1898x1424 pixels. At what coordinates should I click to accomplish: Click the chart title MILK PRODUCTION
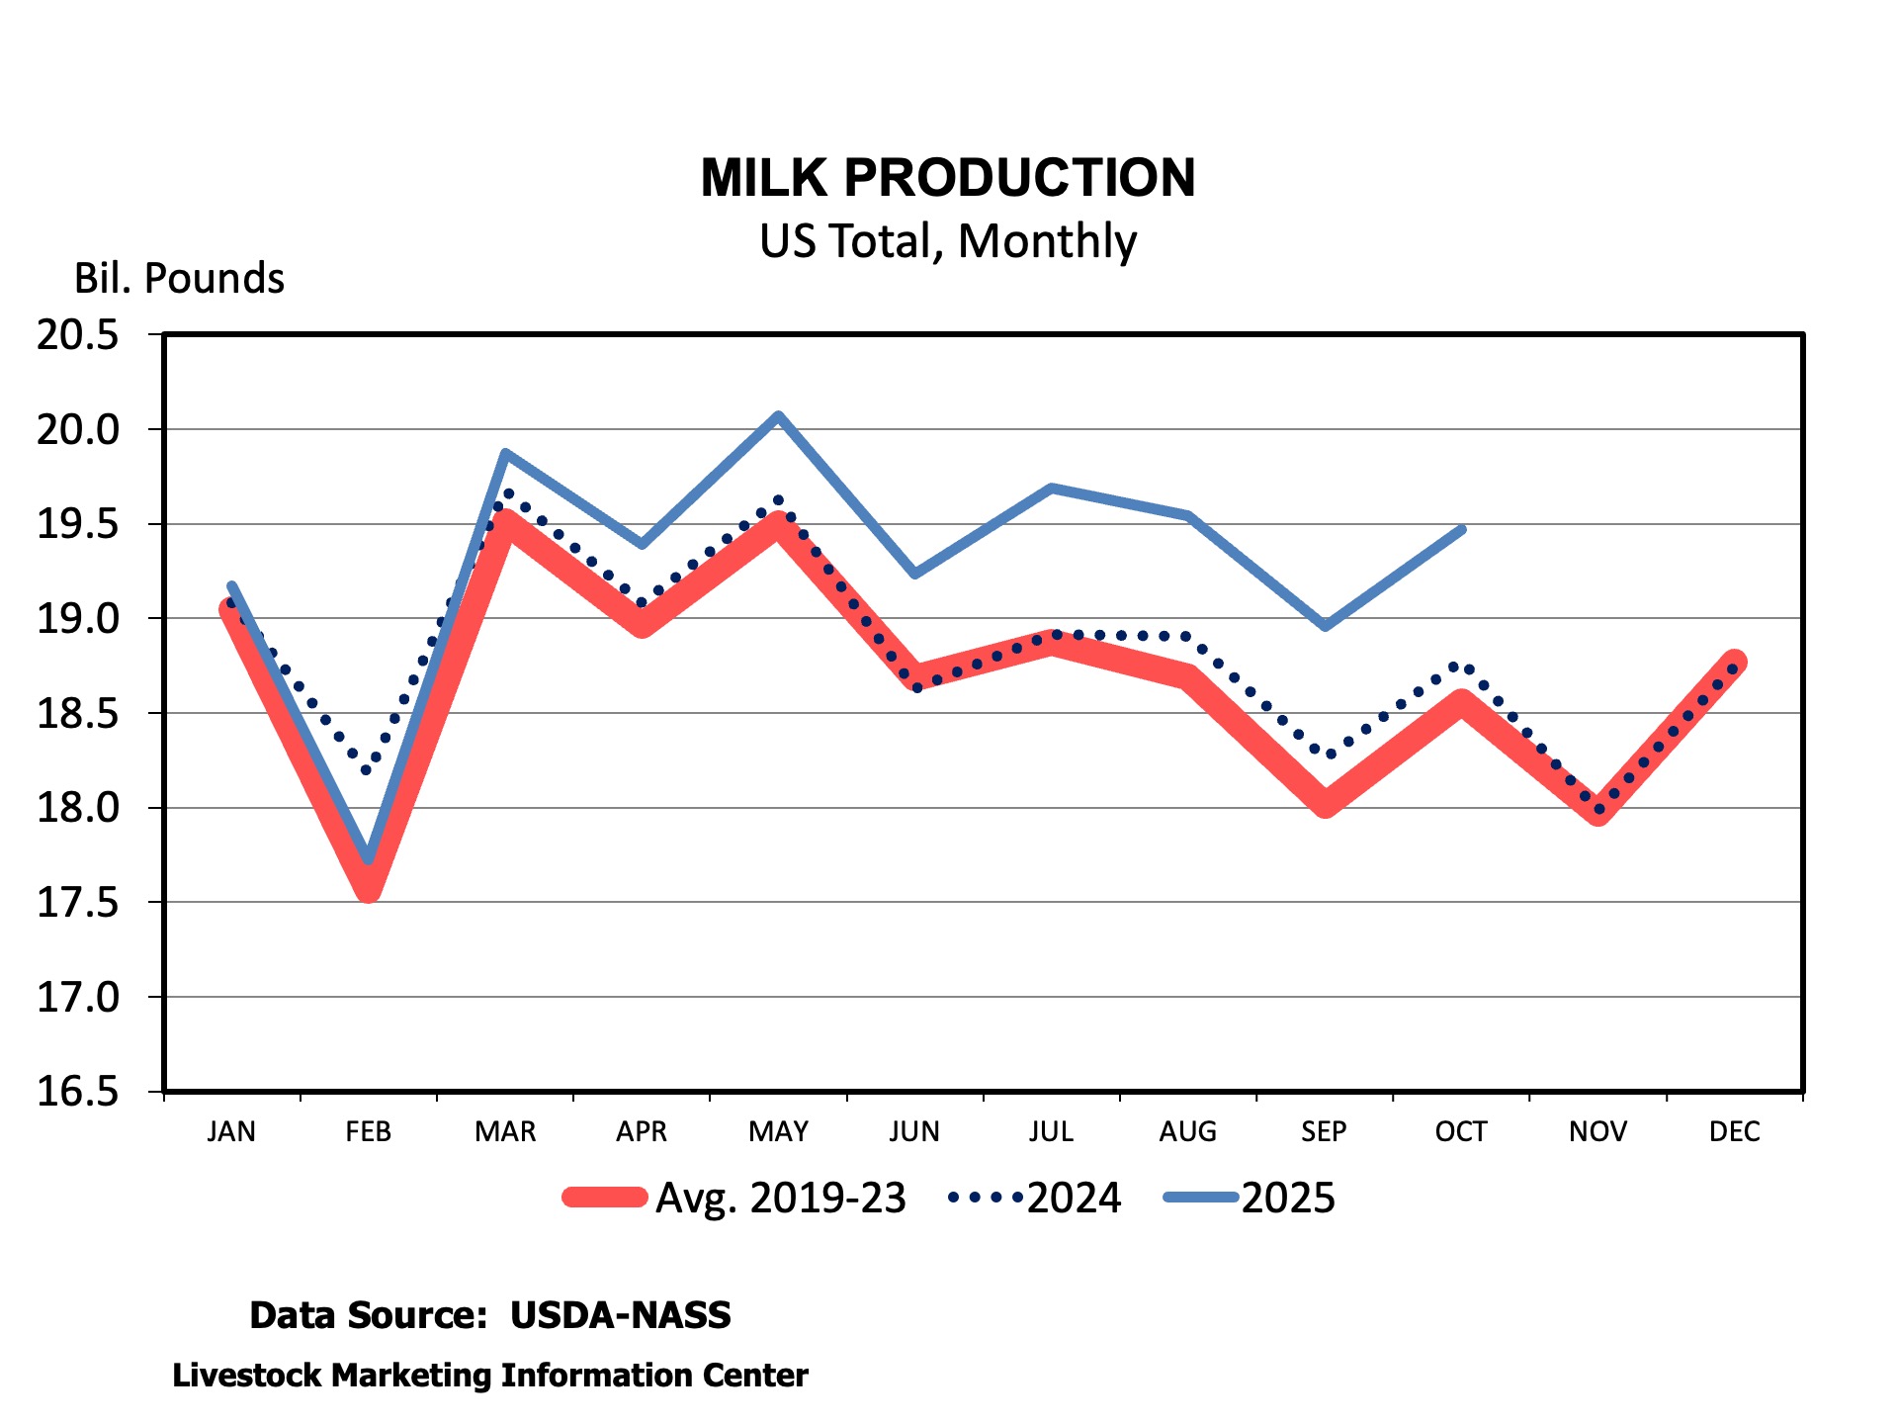[948, 178]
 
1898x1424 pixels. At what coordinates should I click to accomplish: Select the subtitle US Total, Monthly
[948, 241]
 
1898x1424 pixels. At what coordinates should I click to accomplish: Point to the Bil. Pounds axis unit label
[179, 279]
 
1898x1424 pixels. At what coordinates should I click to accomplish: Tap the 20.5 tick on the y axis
[78, 335]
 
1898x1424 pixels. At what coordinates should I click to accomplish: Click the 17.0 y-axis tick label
[78, 998]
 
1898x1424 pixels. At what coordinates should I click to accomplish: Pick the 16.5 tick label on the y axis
[78, 1092]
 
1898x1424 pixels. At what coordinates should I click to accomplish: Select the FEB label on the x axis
[368, 1131]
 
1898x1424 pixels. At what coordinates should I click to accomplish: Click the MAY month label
[778, 1131]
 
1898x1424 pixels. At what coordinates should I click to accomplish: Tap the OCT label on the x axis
[1460, 1131]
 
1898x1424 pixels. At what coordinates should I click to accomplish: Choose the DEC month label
[1734, 1131]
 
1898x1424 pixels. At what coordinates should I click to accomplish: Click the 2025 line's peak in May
[779, 416]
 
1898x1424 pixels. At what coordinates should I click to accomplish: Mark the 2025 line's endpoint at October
[1462, 530]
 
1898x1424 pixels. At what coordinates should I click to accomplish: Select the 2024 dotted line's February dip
[368, 769]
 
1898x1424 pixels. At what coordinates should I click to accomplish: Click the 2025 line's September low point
[1326, 625]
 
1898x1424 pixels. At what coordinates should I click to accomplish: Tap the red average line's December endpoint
[1735, 662]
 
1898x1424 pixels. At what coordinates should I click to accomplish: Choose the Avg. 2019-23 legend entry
[780, 1199]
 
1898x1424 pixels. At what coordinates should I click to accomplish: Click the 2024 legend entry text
[1074, 1199]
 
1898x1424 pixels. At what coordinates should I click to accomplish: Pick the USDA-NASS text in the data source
[620, 1315]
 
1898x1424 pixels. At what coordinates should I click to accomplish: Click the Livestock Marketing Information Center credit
[490, 1376]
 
